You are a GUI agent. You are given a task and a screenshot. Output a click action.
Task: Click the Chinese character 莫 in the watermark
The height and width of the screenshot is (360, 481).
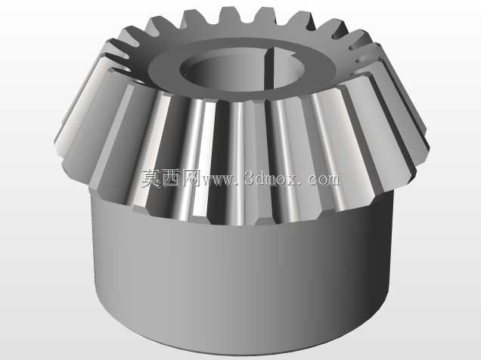[151, 178]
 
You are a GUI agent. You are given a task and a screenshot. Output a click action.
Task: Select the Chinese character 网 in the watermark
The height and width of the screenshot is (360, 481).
[190, 178]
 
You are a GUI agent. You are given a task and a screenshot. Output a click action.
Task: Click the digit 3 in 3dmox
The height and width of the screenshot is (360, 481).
[250, 178]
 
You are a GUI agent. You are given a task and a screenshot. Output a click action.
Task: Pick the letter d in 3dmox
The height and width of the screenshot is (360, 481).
[262, 178]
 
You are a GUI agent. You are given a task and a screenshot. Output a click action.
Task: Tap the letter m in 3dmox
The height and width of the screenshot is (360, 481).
[275, 181]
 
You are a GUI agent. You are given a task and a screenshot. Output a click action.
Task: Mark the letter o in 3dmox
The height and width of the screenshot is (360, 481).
[287, 181]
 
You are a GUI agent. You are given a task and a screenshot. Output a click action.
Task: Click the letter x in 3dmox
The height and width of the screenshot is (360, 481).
[297, 181]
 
